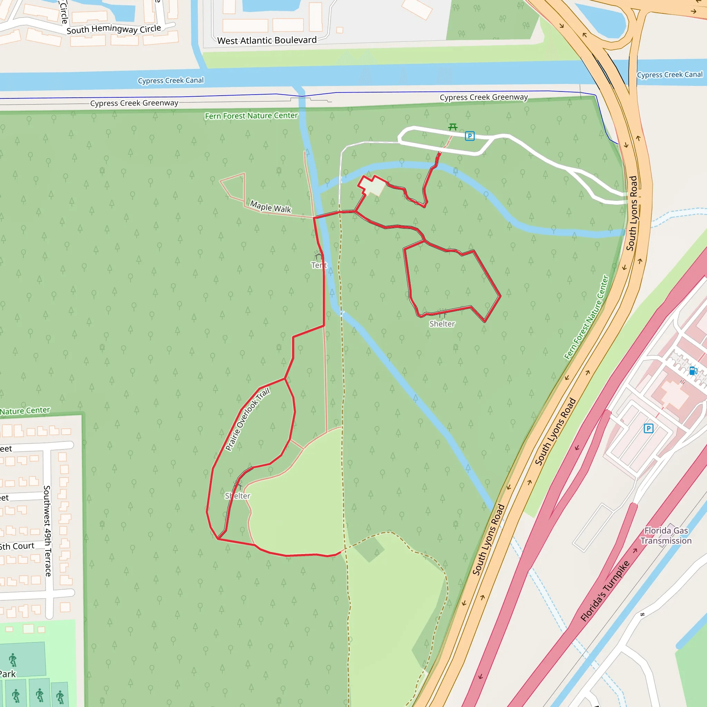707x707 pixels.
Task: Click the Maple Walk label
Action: [x=270, y=207]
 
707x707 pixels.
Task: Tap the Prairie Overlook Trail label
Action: [x=248, y=419]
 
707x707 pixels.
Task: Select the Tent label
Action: [x=319, y=265]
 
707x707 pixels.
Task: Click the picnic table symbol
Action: [x=453, y=127]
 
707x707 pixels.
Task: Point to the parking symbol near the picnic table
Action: [x=469, y=136]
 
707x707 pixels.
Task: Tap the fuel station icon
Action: [x=693, y=371]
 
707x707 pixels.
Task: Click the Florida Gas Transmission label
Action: [x=666, y=535]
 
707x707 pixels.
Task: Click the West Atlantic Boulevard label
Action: [x=267, y=40]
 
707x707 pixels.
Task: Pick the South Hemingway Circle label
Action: [x=114, y=29]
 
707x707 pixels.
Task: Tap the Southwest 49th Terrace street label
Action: [x=47, y=531]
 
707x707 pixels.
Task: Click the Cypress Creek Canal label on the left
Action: [x=171, y=80]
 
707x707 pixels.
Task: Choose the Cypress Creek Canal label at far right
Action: [x=670, y=75]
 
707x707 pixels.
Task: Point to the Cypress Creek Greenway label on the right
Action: [x=483, y=97]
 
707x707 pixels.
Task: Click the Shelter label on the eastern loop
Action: [x=442, y=324]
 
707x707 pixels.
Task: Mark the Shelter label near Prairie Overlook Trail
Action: [x=238, y=496]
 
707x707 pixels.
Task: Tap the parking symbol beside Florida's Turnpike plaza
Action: [x=648, y=428]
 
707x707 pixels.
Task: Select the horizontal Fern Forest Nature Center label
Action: [x=251, y=116]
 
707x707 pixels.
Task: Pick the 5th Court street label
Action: [x=17, y=546]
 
